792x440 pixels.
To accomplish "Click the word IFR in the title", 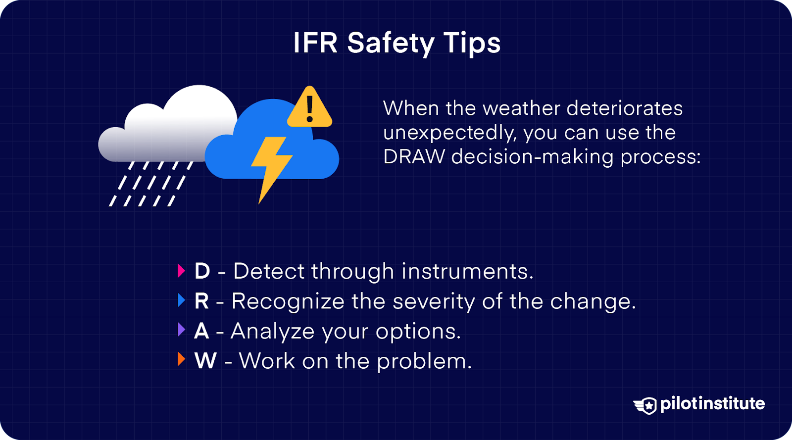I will (x=315, y=43).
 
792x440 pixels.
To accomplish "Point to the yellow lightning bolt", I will (x=270, y=166).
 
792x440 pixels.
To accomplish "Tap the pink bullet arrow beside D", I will (x=181, y=271).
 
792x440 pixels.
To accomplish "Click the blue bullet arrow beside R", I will (x=181, y=300).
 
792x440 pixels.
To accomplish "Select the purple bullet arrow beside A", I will (x=181, y=330).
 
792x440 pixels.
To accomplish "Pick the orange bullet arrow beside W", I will (x=181, y=360).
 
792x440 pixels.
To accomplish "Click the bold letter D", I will (x=202, y=271).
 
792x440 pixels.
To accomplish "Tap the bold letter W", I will (x=205, y=361).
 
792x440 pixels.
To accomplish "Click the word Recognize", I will (x=288, y=302).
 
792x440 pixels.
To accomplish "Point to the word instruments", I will (x=467, y=271).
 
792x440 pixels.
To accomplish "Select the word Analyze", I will (x=272, y=332).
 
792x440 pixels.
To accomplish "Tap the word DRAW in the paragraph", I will (x=414, y=157).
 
